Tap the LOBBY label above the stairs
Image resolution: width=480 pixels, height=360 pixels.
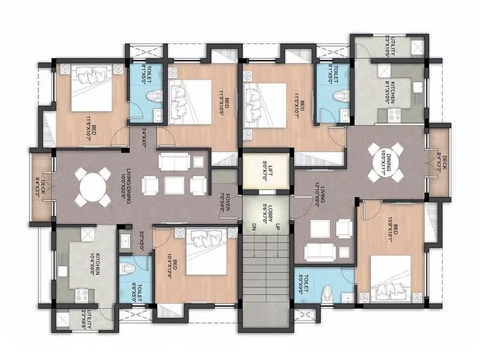tap(266, 211)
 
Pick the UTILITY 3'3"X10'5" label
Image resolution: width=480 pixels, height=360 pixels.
tap(389, 46)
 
